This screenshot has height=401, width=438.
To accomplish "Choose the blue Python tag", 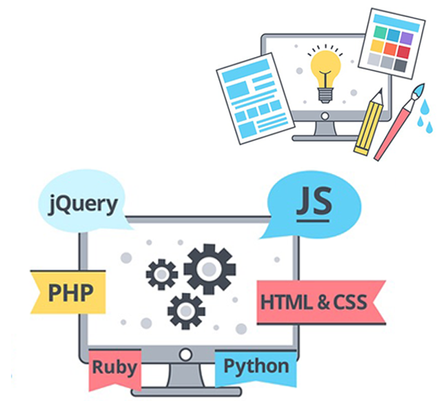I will [x=255, y=366].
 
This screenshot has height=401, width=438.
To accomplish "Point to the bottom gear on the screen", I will [x=185, y=311].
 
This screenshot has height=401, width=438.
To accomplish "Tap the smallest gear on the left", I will [x=161, y=274].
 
